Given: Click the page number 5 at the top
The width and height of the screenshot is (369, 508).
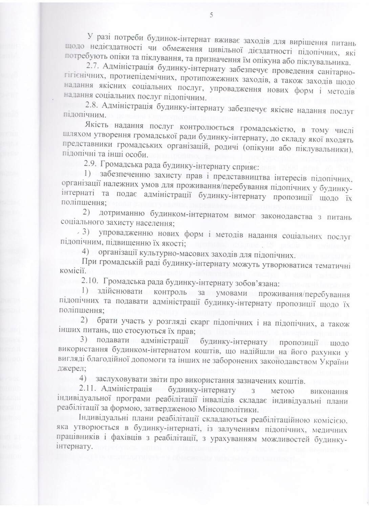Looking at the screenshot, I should click(x=211, y=14).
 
